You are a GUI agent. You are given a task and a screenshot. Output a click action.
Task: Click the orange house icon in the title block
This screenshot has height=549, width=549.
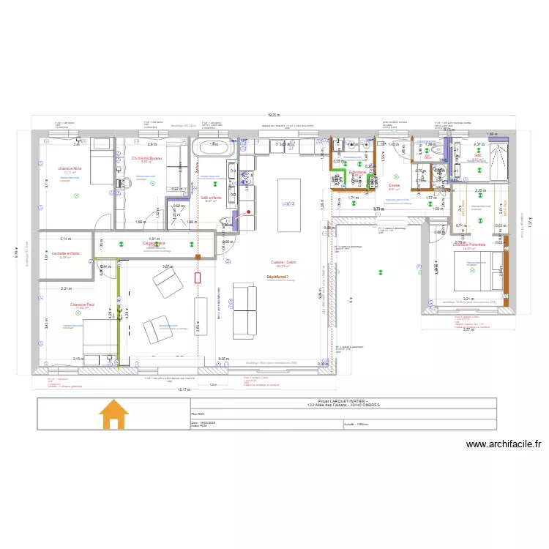(x=113, y=414)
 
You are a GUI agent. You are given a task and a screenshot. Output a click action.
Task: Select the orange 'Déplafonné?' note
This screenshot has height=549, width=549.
(x=280, y=277)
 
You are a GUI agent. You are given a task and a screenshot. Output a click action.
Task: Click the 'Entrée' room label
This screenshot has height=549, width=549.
(x=393, y=186)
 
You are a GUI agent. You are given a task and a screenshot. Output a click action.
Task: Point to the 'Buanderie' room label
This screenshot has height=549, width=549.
(x=357, y=172)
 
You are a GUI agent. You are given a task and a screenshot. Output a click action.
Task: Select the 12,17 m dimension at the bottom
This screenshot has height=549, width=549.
(x=182, y=389)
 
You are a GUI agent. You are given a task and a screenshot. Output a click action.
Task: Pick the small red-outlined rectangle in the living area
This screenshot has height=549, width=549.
(x=198, y=277)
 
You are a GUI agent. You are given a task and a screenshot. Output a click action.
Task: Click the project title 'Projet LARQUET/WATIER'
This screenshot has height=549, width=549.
(x=343, y=401)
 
